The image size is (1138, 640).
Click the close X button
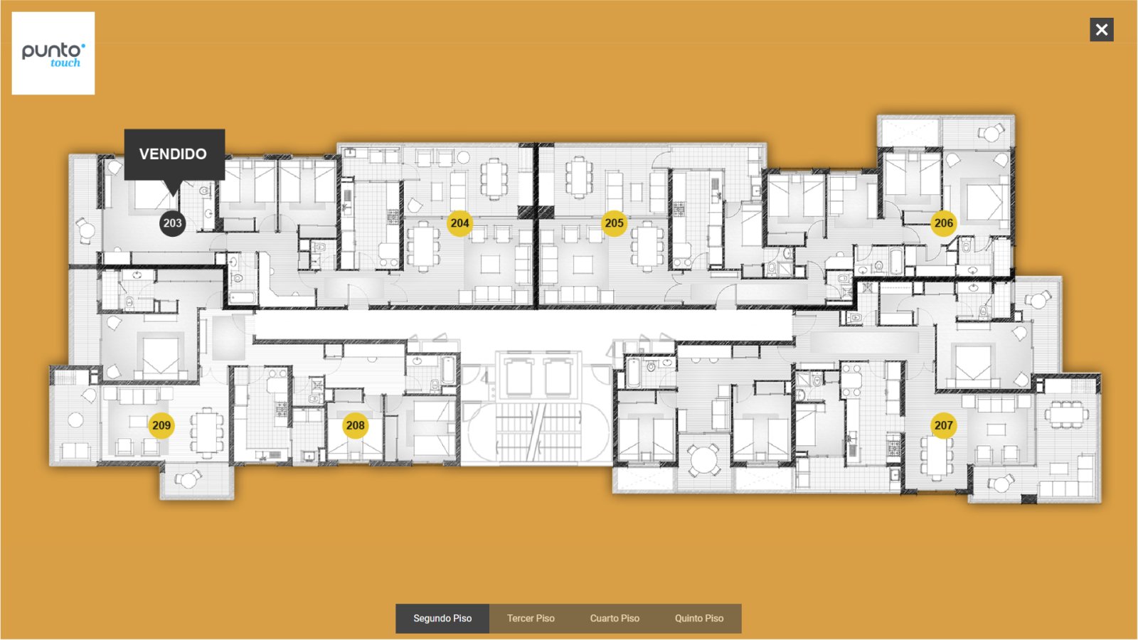(1102, 29)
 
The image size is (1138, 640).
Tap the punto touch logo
(53, 53)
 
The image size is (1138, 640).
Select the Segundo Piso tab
(442, 618)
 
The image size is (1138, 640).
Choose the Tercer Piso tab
(531, 618)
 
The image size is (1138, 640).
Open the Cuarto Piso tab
(615, 618)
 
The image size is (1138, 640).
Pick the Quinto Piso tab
(699, 618)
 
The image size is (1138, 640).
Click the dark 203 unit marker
(173, 223)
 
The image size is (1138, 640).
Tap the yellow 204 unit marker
(459, 223)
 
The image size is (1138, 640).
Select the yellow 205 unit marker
(615, 223)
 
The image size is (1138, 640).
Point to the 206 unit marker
(943, 223)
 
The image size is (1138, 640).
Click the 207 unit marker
(943, 425)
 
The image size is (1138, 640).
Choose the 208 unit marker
(355, 425)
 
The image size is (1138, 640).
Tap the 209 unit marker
(161, 425)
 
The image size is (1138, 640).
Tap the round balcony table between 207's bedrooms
(703, 459)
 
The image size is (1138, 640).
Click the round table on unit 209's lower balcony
(188, 479)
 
